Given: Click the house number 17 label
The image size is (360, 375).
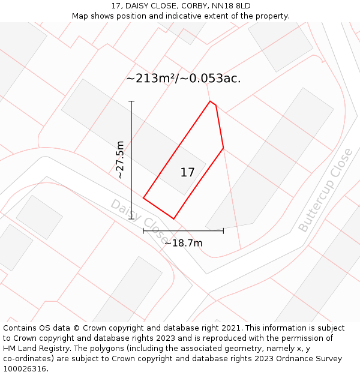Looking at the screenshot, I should [187, 173].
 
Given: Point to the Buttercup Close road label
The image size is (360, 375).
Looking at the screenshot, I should [325, 191].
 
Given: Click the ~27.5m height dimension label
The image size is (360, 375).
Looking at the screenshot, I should [121, 160].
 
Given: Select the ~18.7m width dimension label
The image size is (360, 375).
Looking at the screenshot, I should [183, 243].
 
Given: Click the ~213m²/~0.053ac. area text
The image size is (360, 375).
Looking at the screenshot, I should [184, 79].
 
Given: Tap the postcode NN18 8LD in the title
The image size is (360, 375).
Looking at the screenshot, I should [231, 6].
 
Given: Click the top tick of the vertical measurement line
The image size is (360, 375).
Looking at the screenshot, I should [131, 101].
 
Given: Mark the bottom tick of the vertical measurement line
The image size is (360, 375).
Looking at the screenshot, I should [131, 219].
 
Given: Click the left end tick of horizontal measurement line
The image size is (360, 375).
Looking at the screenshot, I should [143, 230].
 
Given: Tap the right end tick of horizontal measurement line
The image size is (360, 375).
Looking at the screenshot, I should [223, 230].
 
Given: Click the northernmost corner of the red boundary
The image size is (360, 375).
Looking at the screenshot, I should [210, 101].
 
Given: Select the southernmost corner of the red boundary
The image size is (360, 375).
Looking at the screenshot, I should [174, 218].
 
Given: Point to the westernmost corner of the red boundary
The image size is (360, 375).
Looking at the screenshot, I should [143, 197].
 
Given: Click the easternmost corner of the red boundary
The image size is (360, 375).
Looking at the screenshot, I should [223, 148].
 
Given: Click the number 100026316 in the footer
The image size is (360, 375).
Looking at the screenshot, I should [25, 369].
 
